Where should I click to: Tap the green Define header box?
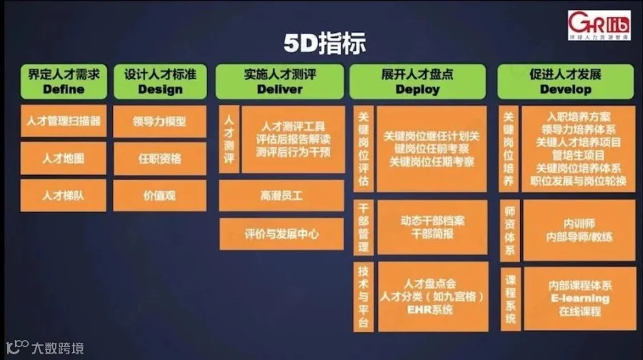(x=64, y=81)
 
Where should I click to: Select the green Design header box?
(x=160, y=81)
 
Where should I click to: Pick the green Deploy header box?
(x=417, y=81)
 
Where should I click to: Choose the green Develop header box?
(x=566, y=81)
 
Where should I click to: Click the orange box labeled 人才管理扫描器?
(x=64, y=121)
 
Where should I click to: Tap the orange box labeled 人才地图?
(x=64, y=158)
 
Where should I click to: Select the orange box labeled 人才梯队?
(x=64, y=194)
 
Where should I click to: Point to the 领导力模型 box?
(x=160, y=121)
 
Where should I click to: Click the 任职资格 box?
(x=160, y=158)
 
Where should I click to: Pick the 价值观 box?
(x=160, y=194)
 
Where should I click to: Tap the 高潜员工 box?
(x=280, y=194)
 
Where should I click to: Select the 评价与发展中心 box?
(x=280, y=234)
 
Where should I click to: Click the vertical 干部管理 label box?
(x=363, y=226)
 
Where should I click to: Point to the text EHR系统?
(x=430, y=309)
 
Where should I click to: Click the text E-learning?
(x=579, y=298)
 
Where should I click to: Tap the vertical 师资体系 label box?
(x=510, y=230)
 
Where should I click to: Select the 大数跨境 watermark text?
(x=56, y=349)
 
